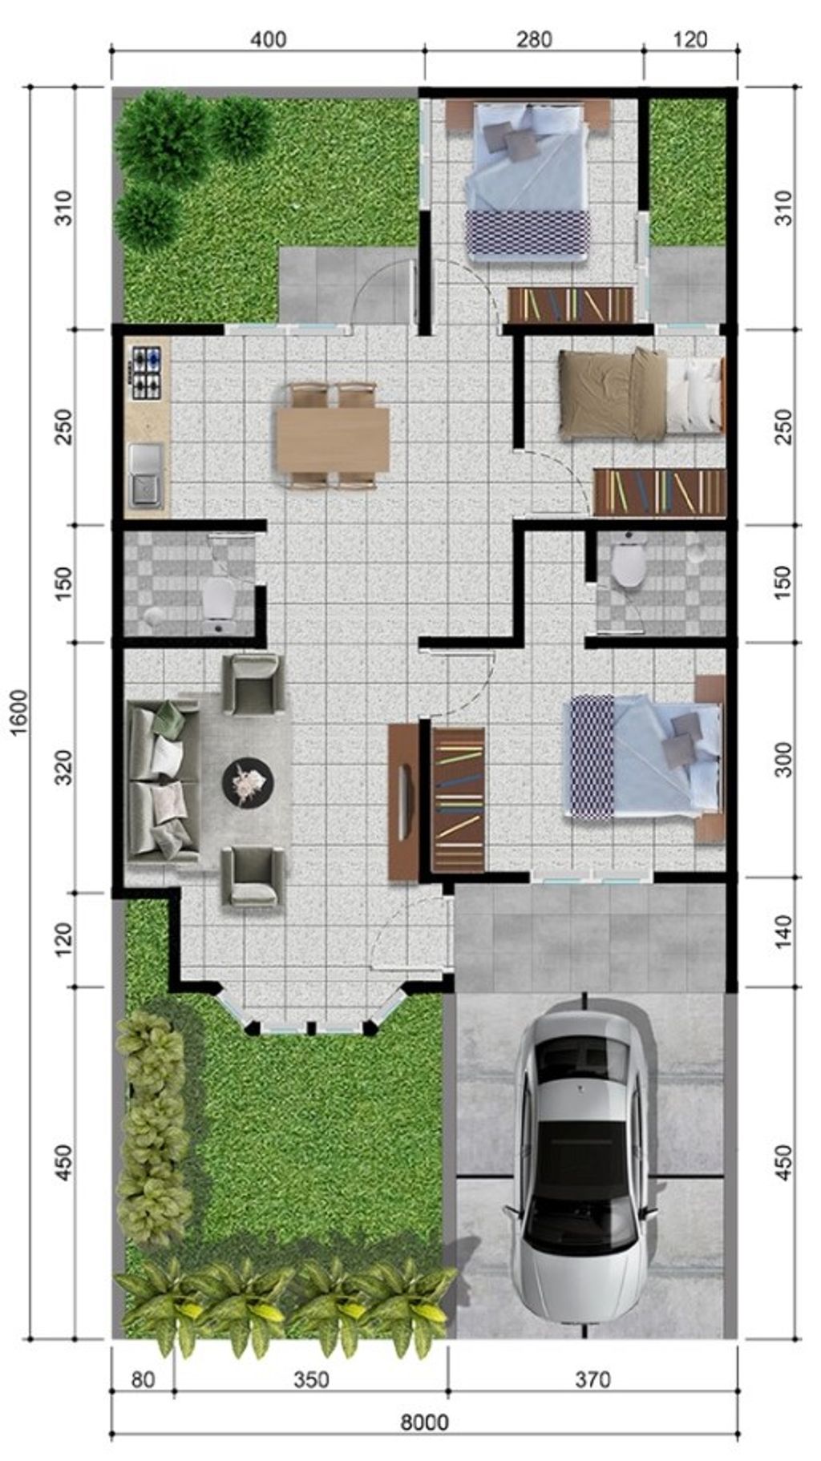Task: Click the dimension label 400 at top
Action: point(267,39)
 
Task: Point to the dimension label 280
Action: point(533,39)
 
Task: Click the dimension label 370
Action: point(592,1379)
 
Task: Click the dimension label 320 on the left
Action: point(65,767)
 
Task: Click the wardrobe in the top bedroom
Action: point(570,305)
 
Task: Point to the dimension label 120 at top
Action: point(691,39)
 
